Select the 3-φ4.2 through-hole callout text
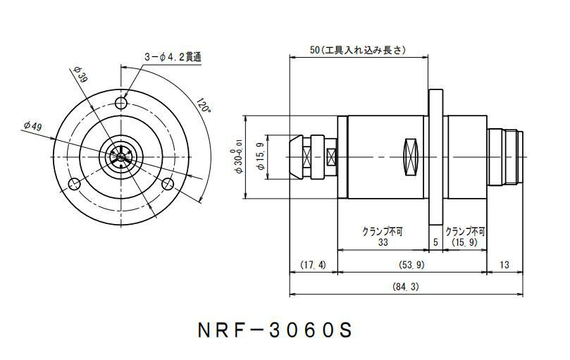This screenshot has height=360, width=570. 173,57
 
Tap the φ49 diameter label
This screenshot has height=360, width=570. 32,125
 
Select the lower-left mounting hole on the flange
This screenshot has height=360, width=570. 74,185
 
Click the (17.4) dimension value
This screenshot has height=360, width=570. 313,265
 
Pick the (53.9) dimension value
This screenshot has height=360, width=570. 412,265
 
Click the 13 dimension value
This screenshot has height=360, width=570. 504,264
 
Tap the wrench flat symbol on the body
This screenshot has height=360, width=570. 411,156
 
